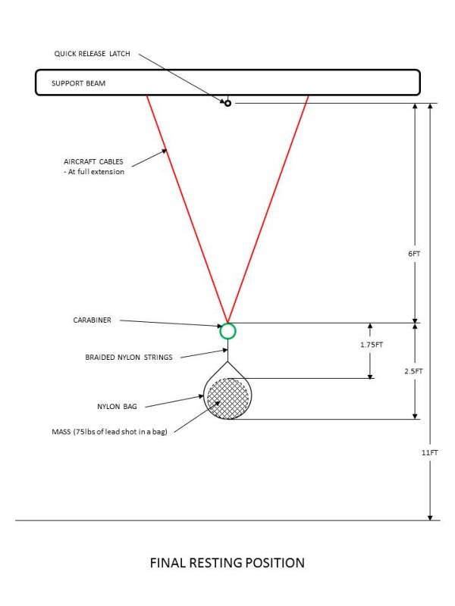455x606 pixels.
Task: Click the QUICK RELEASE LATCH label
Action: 93,54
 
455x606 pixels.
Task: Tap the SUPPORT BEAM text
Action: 78,83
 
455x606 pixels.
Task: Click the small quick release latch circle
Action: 227,103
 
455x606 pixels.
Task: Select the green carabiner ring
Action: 227,330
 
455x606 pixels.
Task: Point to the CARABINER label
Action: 92,320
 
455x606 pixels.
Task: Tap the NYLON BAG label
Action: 118,407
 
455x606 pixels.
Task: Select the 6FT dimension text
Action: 413,254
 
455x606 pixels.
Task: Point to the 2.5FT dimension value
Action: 413,371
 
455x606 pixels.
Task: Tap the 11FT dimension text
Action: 431,452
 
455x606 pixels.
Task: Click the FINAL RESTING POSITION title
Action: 227,563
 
